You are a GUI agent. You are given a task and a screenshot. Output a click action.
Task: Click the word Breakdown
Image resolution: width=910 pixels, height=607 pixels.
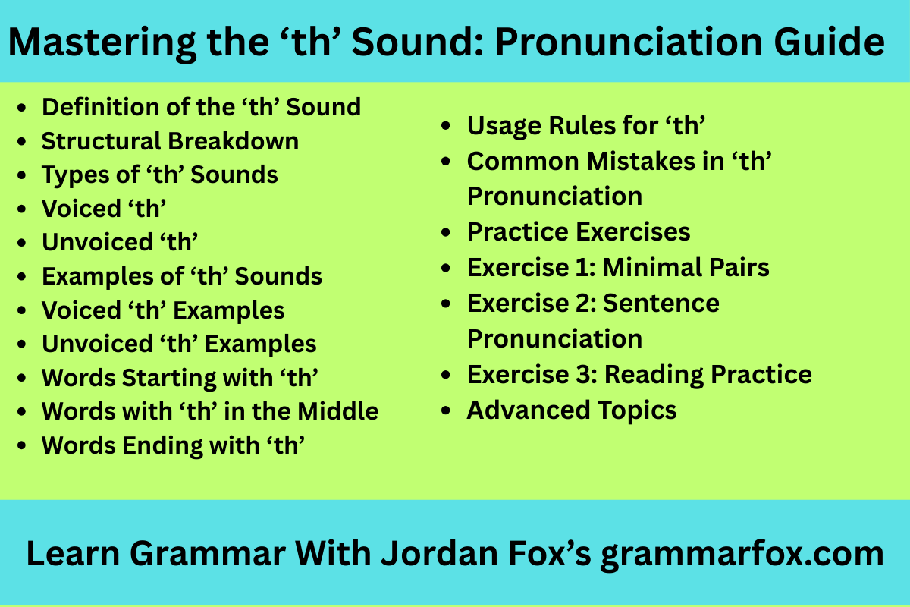pyautogui.click(x=234, y=141)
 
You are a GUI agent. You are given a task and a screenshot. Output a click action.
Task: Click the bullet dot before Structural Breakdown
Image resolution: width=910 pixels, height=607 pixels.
pyautogui.click(x=21, y=142)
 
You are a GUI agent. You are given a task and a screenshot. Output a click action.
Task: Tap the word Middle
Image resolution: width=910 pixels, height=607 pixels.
pyautogui.click(x=338, y=411)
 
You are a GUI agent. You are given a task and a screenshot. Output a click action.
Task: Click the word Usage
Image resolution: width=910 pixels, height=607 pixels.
pyautogui.click(x=504, y=126)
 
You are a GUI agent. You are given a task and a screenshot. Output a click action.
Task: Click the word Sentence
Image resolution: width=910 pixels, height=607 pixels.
pyautogui.click(x=661, y=303)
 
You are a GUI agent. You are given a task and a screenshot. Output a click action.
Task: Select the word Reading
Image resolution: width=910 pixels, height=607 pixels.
pyautogui.click(x=654, y=376)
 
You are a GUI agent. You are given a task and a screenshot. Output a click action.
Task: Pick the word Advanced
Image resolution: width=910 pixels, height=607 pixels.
pyautogui.click(x=528, y=410)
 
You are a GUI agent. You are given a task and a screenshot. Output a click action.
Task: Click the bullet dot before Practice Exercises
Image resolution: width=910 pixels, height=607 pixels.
pyautogui.click(x=446, y=232)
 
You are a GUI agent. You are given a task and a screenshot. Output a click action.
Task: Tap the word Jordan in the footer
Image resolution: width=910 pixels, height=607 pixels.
pyautogui.click(x=439, y=553)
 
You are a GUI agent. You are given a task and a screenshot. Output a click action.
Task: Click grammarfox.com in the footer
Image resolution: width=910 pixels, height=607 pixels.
pyautogui.click(x=742, y=555)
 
